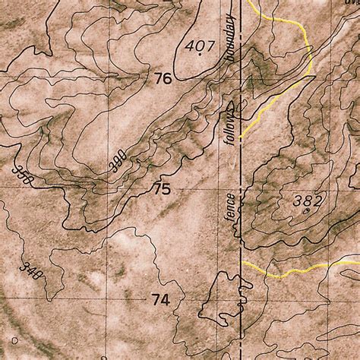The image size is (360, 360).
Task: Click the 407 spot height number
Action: (x=201, y=46)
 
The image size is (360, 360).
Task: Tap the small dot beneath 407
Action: (x=201, y=56)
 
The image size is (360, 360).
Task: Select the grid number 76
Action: (x=163, y=77)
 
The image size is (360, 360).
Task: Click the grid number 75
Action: (x=161, y=189)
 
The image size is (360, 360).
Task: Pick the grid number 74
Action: (x=159, y=300)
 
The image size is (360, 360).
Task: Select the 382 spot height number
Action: (x=308, y=201)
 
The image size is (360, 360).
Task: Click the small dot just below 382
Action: (x=307, y=212)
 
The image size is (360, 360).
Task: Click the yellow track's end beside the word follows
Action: (x=241, y=137)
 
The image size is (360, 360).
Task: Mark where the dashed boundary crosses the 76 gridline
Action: (x=242, y=77)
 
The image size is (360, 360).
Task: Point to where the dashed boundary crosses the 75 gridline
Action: (x=242, y=189)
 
